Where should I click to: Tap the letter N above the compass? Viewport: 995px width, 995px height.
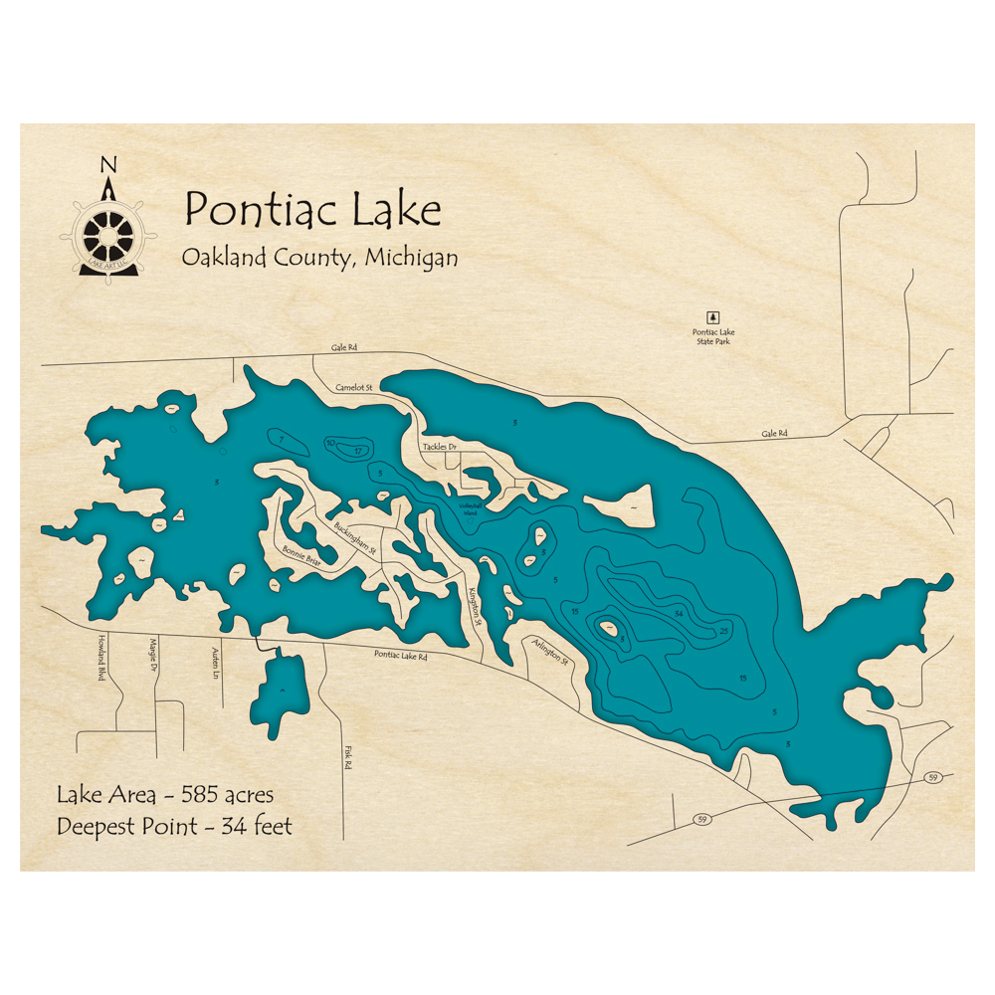[x=109, y=165]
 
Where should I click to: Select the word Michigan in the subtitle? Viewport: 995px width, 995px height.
[x=411, y=257]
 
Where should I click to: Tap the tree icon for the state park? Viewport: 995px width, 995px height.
[x=711, y=315]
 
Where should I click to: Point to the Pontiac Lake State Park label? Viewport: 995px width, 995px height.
[x=713, y=337]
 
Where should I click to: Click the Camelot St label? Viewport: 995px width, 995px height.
[x=353, y=387]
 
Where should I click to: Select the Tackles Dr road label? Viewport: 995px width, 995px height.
[x=439, y=448]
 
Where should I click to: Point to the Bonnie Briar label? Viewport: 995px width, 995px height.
[x=301, y=553]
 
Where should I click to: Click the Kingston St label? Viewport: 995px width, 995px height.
[x=474, y=605]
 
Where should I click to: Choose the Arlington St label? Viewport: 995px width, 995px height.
[x=549, y=652]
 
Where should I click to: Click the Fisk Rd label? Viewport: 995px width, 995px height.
[x=348, y=759]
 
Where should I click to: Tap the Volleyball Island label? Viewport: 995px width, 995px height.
[x=470, y=507]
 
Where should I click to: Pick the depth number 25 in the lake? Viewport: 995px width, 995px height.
[x=723, y=631]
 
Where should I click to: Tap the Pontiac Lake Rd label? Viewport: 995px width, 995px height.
[x=401, y=656]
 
